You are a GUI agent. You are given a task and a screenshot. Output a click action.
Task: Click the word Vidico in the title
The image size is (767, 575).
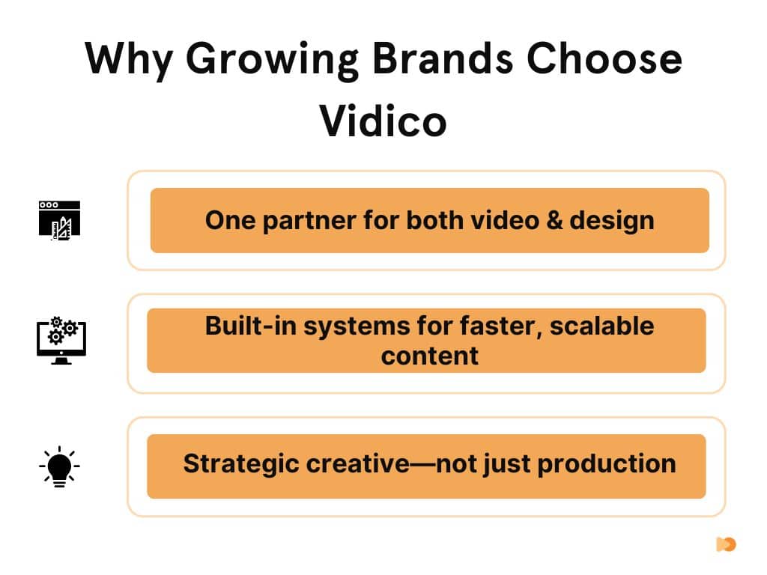383,121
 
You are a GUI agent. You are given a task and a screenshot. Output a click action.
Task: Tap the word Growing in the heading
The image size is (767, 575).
272,60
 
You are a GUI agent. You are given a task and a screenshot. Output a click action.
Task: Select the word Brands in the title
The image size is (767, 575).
443,58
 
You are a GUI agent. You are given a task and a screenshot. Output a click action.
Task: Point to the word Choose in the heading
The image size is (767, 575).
604,58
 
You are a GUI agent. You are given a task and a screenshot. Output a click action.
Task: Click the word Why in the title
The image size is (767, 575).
129,60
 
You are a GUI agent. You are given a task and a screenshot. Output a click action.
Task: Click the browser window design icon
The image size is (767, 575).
60,220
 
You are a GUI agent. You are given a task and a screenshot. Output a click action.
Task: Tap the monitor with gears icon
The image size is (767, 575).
61,341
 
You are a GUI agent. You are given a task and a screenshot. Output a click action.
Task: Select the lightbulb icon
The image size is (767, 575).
59,466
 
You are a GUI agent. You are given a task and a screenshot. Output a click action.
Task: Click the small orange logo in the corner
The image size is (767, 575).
726,544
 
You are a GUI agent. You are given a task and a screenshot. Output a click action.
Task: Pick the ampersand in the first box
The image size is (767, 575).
555,220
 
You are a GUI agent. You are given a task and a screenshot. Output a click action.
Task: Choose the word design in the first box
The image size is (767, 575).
612,221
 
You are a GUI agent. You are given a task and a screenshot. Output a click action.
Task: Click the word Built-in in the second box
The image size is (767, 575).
250,326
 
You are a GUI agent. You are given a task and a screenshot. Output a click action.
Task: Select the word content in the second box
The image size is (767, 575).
429,356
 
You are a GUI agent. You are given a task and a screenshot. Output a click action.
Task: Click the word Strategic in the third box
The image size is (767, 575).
240,464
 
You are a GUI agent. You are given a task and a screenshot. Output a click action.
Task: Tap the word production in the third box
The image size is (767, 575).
607,464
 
